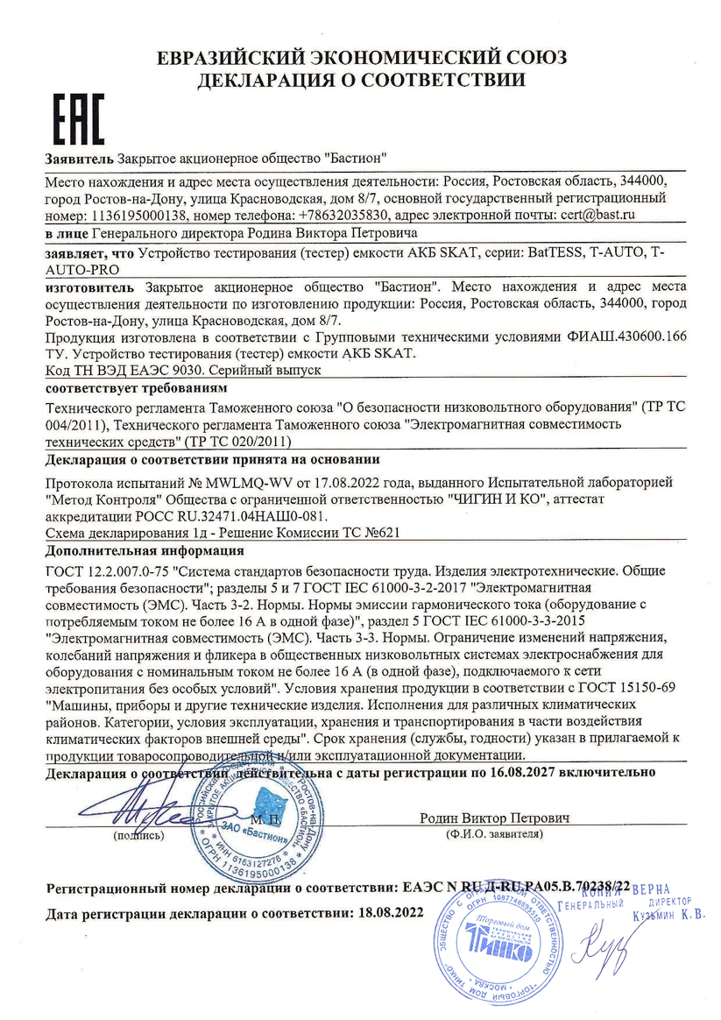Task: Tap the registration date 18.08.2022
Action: (x=386, y=912)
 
